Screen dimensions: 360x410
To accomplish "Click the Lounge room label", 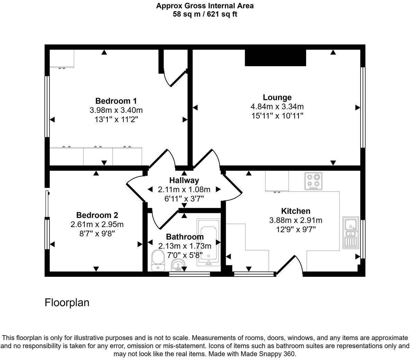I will (x=277, y=97).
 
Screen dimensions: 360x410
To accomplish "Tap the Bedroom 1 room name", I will (x=116, y=101).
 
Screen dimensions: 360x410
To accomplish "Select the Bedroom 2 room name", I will (x=97, y=215).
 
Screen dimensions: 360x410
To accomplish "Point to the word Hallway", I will (x=184, y=180).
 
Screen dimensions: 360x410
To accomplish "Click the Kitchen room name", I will (x=295, y=211).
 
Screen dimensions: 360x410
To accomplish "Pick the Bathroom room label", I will (x=185, y=237).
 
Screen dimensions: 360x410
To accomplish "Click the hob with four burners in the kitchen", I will (x=313, y=181).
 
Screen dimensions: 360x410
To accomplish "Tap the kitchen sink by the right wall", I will (x=351, y=233).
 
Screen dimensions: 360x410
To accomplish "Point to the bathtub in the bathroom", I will (x=208, y=242).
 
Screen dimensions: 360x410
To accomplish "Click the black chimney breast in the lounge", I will (x=275, y=57).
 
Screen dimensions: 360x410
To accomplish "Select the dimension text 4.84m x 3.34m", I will (x=277, y=107).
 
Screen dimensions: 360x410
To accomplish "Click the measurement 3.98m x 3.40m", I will (x=116, y=110).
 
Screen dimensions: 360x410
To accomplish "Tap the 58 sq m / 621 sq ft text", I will (x=205, y=14).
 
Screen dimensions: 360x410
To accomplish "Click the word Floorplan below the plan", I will (x=67, y=303).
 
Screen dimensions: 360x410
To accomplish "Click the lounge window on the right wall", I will (x=363, y=107).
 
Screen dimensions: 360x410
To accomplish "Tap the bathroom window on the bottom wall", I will (x=189, y=274).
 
